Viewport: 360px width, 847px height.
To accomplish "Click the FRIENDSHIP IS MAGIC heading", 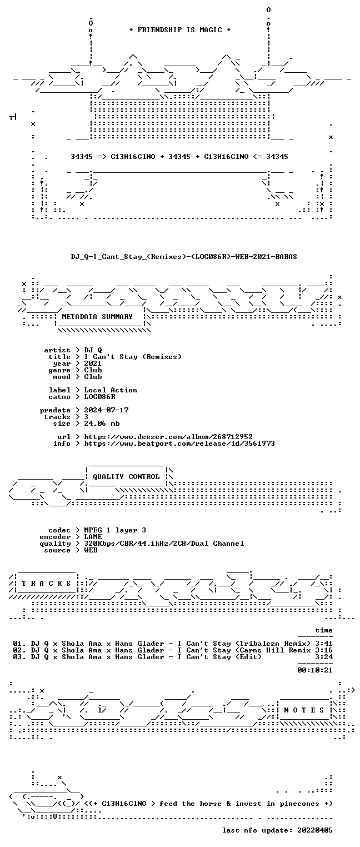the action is click(180, 30).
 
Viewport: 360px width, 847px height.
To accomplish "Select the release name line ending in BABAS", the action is click(184, 257).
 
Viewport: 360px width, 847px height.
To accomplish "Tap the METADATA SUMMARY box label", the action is click(97, 316).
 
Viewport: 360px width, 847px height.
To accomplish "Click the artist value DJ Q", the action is click(93, 350).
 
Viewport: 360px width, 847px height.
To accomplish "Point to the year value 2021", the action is click(93, 363).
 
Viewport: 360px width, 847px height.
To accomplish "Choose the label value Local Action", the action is click(111, 390).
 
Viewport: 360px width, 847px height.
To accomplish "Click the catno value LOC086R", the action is click(100, 397).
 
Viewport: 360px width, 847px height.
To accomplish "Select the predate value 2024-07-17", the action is click(106, 410).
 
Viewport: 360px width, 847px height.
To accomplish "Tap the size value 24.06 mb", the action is click(102, 423).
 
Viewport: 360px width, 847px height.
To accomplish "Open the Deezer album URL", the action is click(168, 437).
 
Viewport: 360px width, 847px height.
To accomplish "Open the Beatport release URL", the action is click(179, 443).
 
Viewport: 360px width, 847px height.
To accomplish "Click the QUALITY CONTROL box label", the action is click(126, 477).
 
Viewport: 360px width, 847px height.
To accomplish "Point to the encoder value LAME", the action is click(93, 536).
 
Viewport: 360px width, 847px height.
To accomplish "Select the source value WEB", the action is click(91, 550).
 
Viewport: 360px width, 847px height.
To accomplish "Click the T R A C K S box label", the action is click(46, 584).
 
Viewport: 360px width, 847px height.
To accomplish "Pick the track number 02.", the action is click(17, 650).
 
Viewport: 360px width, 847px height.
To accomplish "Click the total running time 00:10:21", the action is click(315, 670).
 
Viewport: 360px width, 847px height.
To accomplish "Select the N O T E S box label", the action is click(304, 710).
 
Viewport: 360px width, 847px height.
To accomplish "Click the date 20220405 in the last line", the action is click(315, 830).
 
